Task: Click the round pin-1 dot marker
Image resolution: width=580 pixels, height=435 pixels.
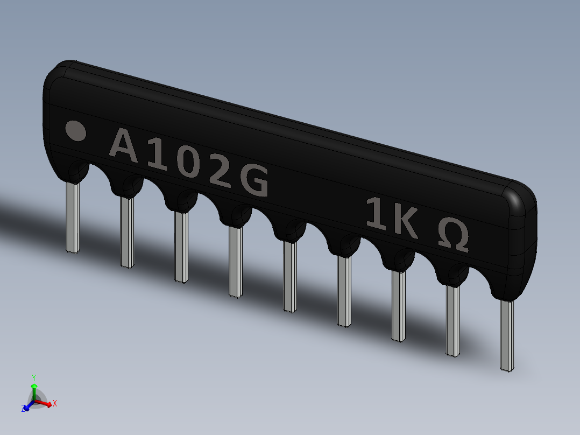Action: pyautogui.click(x=75, y=130)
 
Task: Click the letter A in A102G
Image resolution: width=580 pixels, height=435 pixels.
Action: pyautogui.click(x=124, y=146)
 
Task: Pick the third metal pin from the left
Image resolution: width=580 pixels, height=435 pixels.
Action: pyautogui.click(x=181, y=247)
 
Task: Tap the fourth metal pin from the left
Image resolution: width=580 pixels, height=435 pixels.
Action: pyautogui.click(x=235, y=261)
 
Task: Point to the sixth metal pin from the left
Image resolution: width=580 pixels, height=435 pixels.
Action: pyautogui.click(x=344, y=291)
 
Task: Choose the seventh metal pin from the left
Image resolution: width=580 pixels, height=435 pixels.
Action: pyautogui.click(x=398, y=305)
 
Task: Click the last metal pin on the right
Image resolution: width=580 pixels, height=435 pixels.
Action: pyautogui.click(x=507, y=335)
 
